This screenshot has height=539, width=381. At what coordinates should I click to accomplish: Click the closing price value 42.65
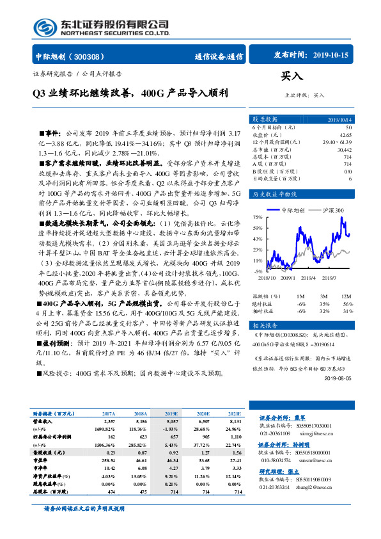345,134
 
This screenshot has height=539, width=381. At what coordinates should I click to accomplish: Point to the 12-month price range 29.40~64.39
337,141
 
